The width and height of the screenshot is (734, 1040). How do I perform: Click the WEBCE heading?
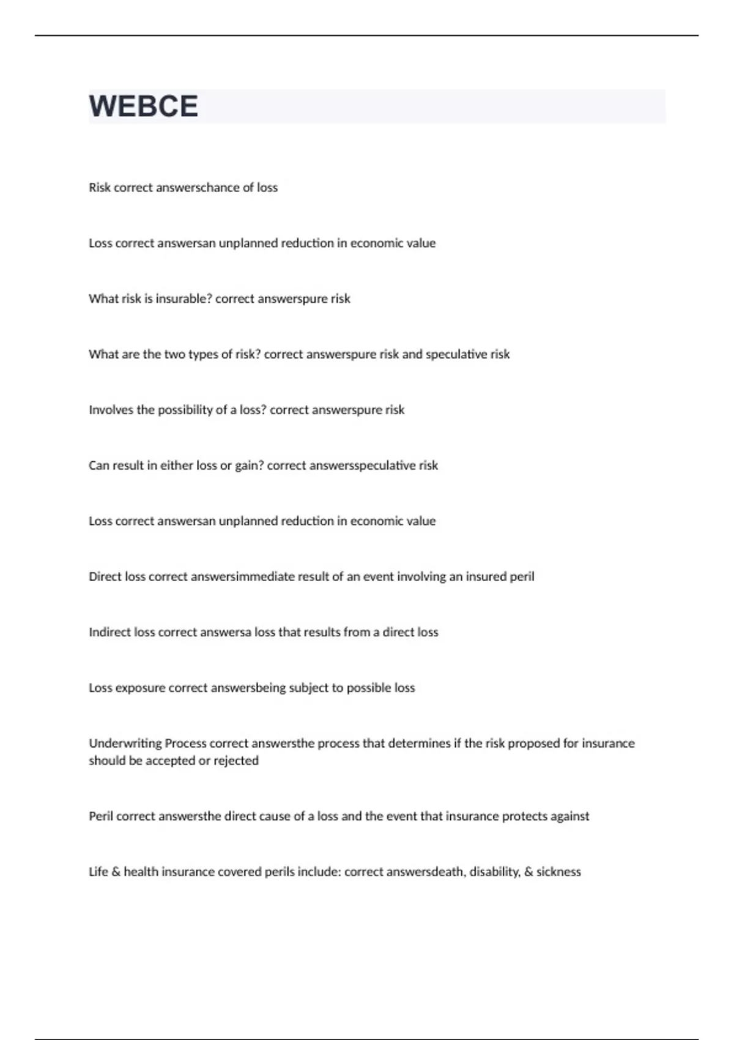[144, 106]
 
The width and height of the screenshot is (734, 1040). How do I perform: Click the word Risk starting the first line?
[100, 187]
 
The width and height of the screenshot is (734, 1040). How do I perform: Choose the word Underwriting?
[125, 743]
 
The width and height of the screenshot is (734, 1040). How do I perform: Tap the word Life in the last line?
[98, 872]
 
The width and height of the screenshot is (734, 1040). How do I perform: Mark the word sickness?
[558, 872]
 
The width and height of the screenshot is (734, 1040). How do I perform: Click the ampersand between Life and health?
[116, 872]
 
